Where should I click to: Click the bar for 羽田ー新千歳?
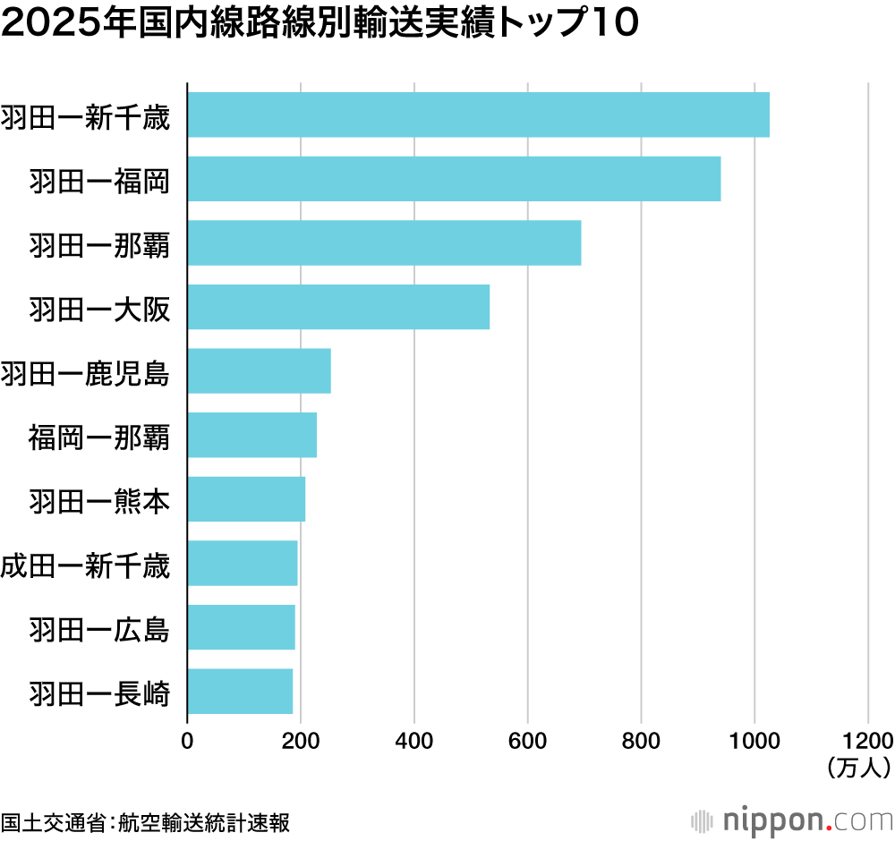[478, 115]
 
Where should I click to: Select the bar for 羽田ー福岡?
[454, 178]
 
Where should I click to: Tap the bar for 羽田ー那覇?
[384, 242]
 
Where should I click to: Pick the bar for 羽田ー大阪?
[338, 307]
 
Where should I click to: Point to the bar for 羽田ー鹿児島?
[259, 370]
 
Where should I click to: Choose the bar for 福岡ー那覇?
[251, 435]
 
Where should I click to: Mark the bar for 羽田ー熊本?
[246, 499]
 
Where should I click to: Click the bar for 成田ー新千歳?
[242, 563]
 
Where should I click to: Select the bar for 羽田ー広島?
[241, 627]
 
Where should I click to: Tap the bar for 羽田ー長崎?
[240, 691]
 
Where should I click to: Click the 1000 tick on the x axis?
[754, 741]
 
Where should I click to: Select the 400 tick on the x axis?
[414, 741]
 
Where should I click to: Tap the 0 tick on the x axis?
[187, 741]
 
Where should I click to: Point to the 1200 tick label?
[867, 741]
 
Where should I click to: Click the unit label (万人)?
[857, 766]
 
